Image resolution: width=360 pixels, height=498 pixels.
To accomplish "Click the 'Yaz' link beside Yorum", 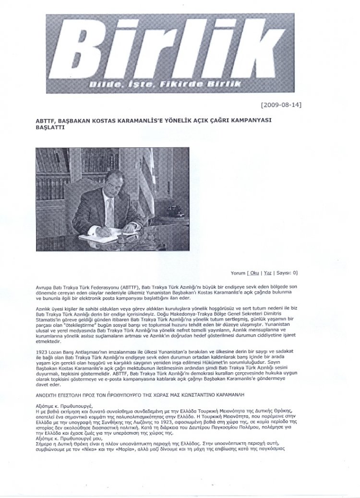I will click(281, 273).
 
